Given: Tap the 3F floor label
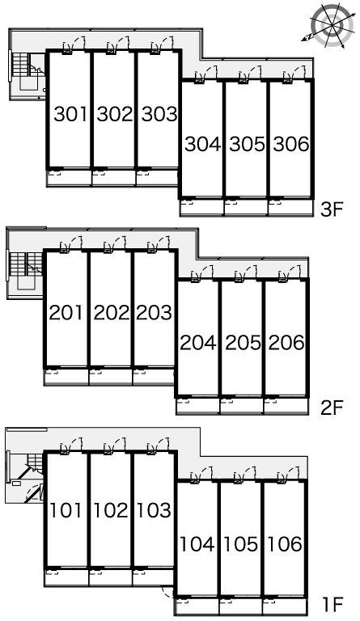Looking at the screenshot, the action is [331, 209].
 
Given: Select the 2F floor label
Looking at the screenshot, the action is [331, 408].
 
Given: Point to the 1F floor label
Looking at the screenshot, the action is [332, 604].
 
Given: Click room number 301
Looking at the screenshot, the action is [70, 114].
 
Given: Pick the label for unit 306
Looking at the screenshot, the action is [291, 144].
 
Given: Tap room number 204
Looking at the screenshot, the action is [198, 343].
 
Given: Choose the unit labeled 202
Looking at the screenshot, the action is [112, 313].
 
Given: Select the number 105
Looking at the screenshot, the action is [241, 544].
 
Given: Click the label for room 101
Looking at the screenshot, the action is [66, 510].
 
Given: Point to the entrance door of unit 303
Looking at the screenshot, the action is [163, 44].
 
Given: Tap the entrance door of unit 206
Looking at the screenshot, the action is [289, 273].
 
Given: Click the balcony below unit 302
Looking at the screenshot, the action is [114, 177].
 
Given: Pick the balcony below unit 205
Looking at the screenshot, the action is [242, 406].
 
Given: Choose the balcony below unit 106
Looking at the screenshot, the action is [285, 606].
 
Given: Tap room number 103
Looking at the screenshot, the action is [154, 510].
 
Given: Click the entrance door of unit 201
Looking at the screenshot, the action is [71, 244].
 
